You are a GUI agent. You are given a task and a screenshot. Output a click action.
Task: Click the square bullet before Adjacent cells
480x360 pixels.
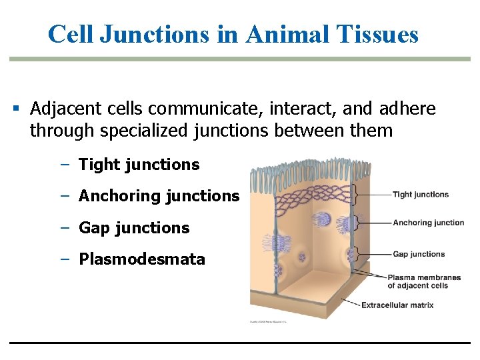click(x=16, y=109)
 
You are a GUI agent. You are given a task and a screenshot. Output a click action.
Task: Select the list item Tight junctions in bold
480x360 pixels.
click(x=139, y=165)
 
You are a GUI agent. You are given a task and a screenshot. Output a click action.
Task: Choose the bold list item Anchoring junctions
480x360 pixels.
click(x=159, y=196)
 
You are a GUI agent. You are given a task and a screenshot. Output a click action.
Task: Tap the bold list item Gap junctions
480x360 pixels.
click(x=134, y=228)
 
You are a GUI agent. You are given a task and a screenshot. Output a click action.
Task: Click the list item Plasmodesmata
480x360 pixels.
click(x=142, y=259)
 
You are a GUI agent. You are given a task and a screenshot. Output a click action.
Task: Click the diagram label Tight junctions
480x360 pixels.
click(x=420, y=195)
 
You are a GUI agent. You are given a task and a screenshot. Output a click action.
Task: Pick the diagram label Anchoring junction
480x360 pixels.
click(x=428, y=223)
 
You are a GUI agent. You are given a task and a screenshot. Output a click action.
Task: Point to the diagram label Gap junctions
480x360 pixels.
click(x=418, y=254)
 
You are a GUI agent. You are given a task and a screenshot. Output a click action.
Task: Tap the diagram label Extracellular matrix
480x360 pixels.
click(x=397, y=305)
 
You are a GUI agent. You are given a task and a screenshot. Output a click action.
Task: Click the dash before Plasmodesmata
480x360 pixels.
click(x=65, y=259)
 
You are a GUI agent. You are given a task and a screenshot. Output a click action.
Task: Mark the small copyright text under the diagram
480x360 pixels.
click(x=268, y=322)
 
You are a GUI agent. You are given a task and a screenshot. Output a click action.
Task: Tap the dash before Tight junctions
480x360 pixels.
click(x=65, y=165)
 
